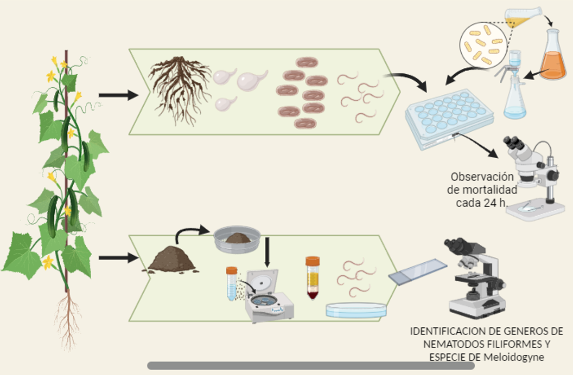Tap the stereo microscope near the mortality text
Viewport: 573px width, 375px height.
(x=534, y=179)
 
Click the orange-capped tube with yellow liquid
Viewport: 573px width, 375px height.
(x=313, y=277)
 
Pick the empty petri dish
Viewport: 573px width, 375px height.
(x=356, y=309)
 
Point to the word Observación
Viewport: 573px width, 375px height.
(x=482, y=177)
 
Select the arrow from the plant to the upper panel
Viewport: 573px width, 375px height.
(x=118, y=96)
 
